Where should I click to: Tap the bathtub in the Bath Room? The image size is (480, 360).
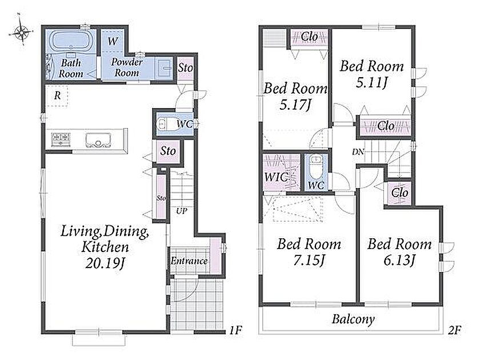tap(71, 41)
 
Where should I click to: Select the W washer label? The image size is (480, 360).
tap(113, 41)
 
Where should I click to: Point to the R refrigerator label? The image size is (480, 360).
tap(57, 96)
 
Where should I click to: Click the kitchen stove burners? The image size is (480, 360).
tap(61, 139)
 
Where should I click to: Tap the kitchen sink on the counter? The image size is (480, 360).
tap(98, 139)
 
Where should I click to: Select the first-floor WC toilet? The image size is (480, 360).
tap(163, 124)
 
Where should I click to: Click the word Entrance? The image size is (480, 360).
tap(189, 261)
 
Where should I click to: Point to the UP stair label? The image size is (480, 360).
tap(181, 211)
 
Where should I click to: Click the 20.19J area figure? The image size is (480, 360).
tap(105, 263)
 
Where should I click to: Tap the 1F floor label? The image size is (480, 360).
tap(235, 330)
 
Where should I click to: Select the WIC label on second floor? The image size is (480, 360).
tap(276, 177)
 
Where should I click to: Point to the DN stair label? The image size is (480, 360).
tap(358, 151)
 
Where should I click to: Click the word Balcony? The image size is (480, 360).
tap(353, 319)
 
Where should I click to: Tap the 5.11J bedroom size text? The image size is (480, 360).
tap(371, 83)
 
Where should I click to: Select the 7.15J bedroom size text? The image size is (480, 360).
tap(309, 261)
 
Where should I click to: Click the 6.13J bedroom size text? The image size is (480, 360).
tap(399, 261)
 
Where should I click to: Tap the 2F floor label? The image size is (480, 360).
tap(454, 330)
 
